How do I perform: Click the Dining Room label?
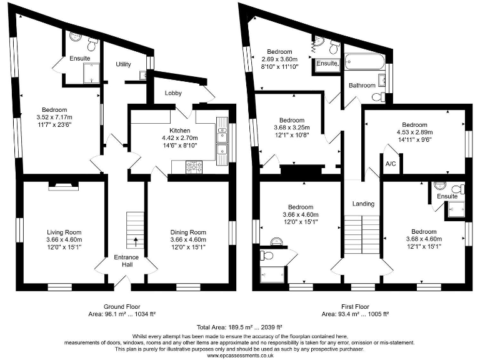pos(188,232)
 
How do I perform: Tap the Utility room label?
pos(123,64)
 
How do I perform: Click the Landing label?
pos(363,204)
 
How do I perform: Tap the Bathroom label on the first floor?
pos(362,85)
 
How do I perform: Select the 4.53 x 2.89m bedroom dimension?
pos(414,132)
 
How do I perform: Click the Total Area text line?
pos(239,327)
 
